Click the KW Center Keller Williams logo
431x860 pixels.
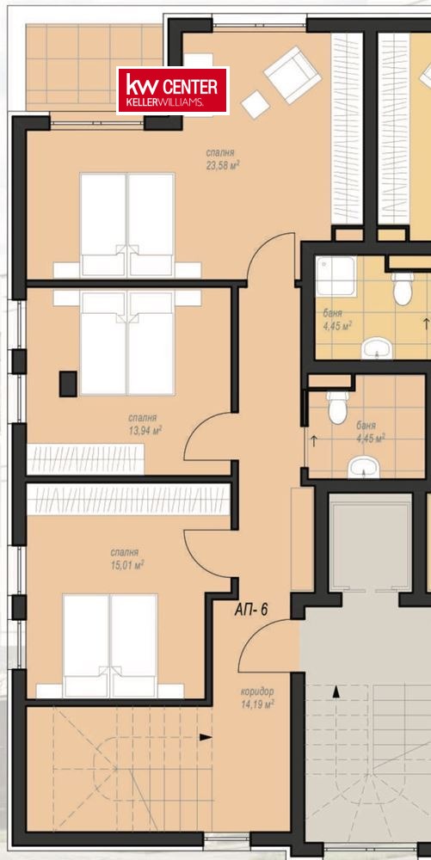pos(173,90)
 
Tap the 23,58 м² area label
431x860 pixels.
pos(223,165)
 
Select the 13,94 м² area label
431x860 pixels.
pos(145,431)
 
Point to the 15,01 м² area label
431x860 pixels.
pos(127,565)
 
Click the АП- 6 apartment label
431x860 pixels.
pos(251,610)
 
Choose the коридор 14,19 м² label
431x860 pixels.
pos(257,697)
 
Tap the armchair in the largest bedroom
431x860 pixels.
pos(292,74)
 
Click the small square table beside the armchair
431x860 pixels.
pos(256,104)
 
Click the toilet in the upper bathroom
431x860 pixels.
pos(403,288)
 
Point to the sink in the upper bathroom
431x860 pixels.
pos(377,347)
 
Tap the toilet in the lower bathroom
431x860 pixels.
pos(336,407)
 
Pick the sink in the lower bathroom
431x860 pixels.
pos(364,467)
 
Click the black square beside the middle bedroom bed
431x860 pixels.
pos(68,384)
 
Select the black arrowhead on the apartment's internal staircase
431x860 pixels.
pos(206,737)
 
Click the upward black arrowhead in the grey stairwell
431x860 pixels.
pos(336,692)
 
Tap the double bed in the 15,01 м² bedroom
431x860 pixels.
pos(110,646)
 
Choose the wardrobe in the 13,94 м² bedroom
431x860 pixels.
pos(85,459)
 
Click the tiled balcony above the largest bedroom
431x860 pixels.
pos(95,67)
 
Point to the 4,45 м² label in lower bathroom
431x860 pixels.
pos(370,439)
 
